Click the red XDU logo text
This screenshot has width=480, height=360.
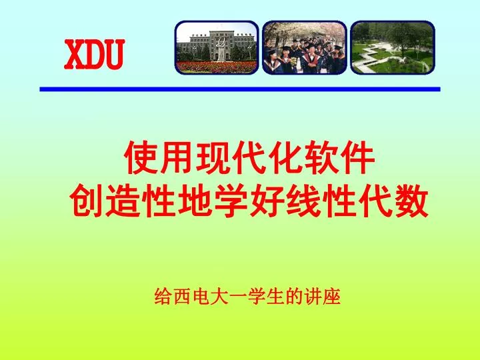[x=94, y=55]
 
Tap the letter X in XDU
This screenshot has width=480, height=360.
[x=74, y=55]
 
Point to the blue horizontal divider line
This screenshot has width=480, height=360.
[x=240, y=89]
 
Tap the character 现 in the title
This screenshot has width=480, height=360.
[x=213, y=158]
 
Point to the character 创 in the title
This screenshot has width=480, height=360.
[x=87, y=201]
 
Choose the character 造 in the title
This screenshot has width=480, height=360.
[x=123, y=201]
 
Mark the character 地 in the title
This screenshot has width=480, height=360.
[x=195, y=201]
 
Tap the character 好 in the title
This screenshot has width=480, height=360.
[x=267, y=201]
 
